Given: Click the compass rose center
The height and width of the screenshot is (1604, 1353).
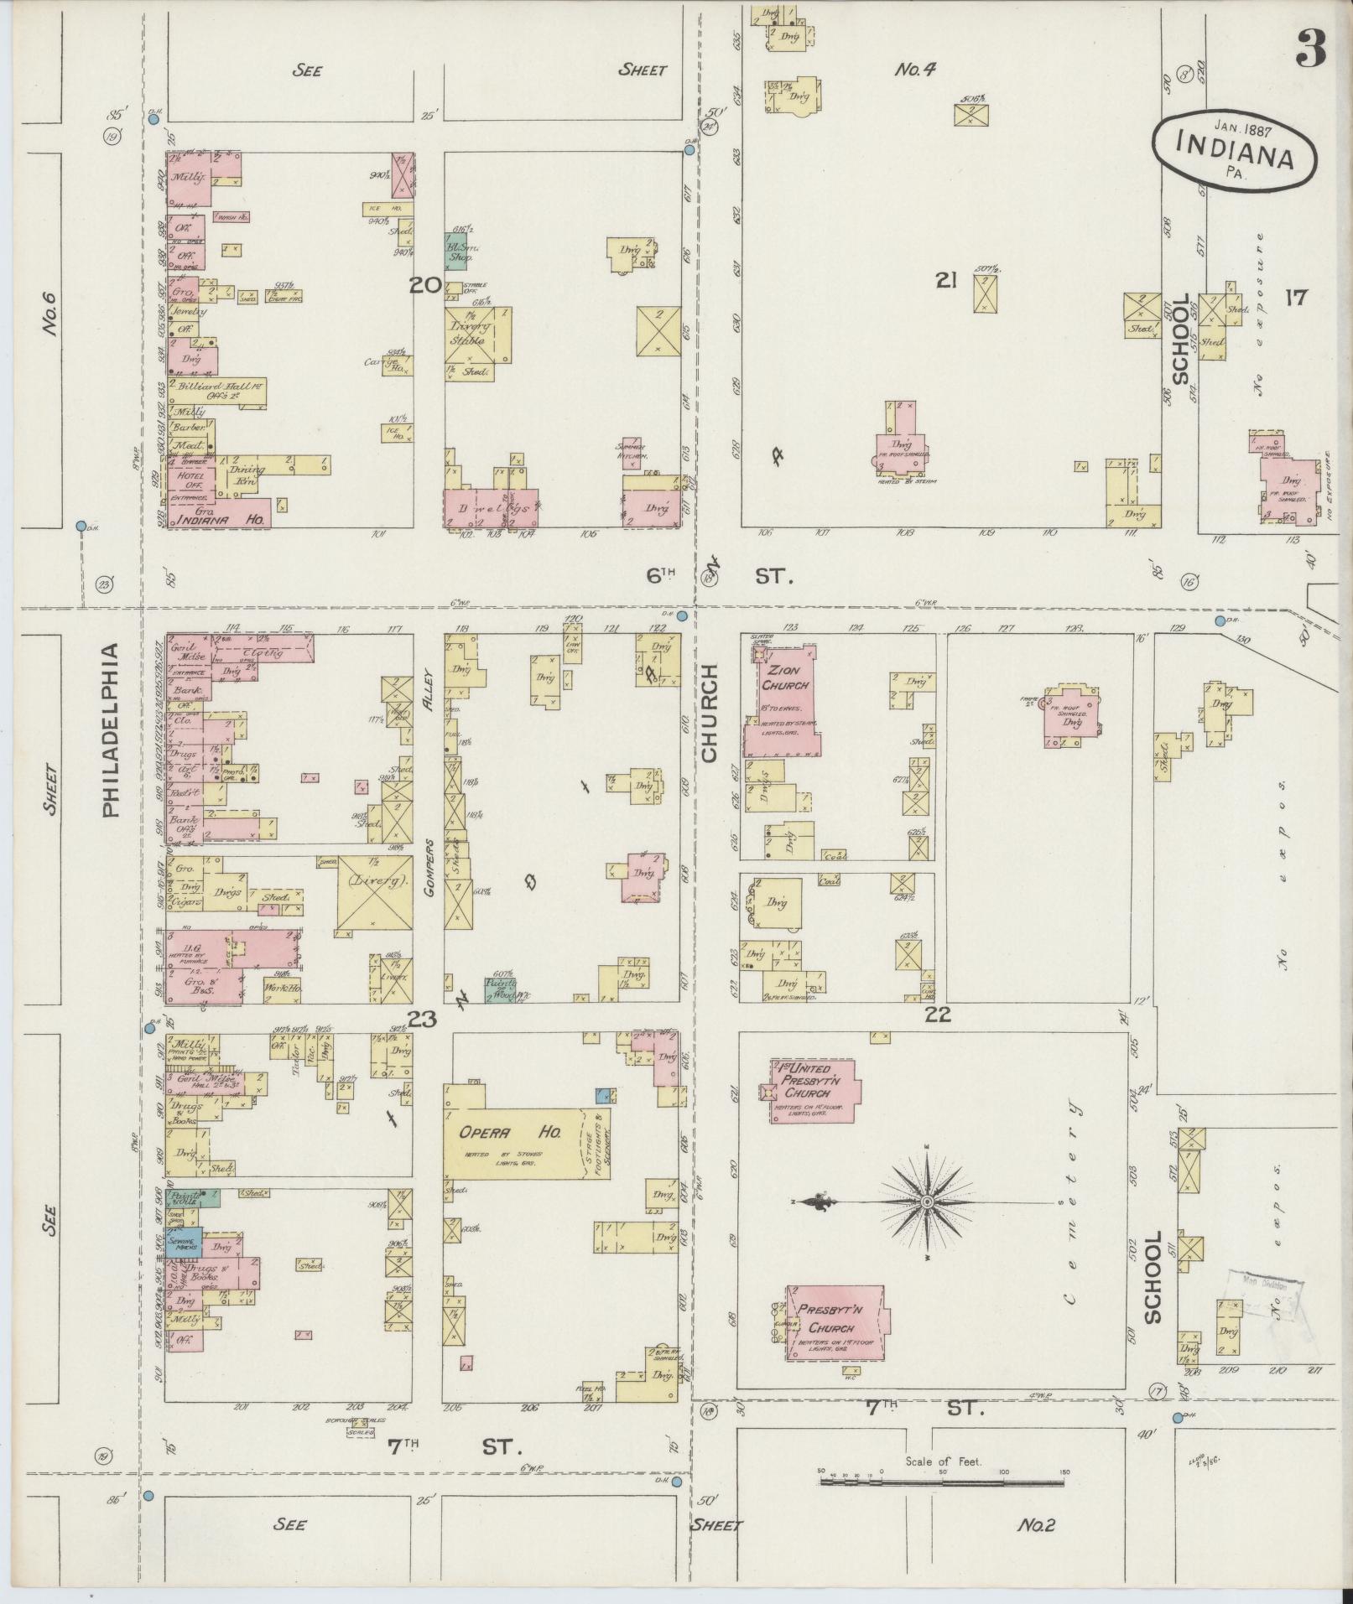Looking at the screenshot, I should pos(927,1202).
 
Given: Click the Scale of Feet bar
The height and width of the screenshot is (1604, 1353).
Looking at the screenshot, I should pos(942,1482).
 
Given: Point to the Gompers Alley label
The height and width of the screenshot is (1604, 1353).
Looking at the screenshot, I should pos(430,868).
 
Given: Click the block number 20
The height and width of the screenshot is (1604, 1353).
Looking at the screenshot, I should pos(425,286).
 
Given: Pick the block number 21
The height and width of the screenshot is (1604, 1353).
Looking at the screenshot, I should pos(946,283).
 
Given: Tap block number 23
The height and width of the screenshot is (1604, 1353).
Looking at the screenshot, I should pos(423,1020).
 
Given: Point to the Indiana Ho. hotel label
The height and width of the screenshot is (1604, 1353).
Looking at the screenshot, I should pos(221,520).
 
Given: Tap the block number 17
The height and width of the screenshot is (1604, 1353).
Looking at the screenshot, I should pos(1295,297).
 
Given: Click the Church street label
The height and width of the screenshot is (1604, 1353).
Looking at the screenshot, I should pos(710,713).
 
